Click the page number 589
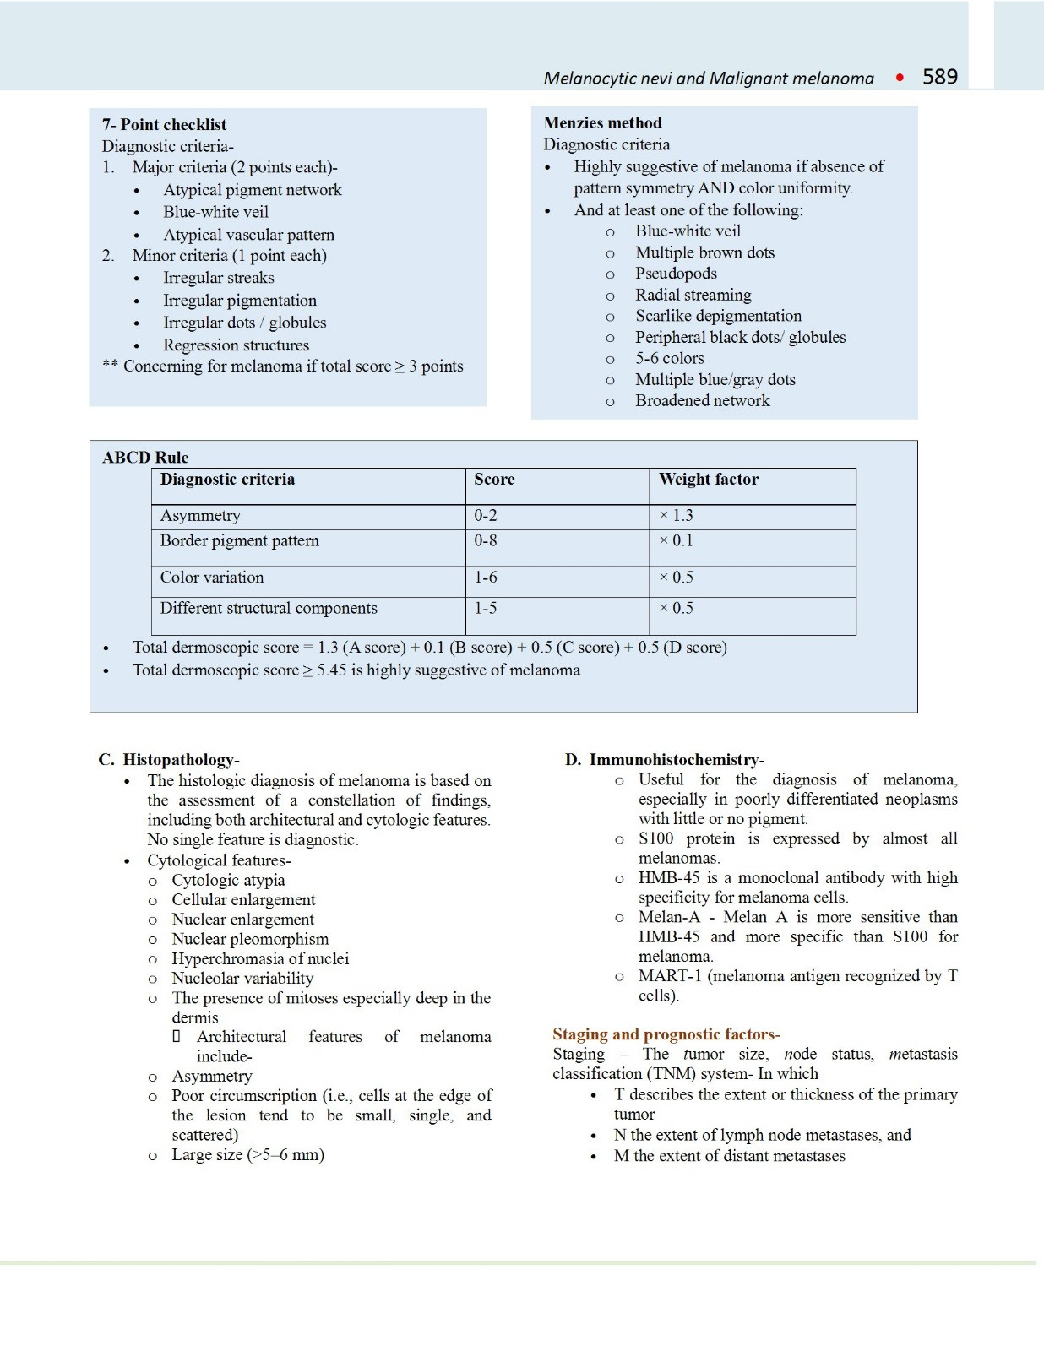click(x=939, y=77)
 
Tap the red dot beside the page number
click(x=900, y=78)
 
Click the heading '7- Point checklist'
click(x=164, y=124)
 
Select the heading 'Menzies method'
click(x=602, y=123)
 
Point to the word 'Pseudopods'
click(x=676, y=274)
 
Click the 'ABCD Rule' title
click(x=145, y=457)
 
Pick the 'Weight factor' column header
click(x=708, y=480)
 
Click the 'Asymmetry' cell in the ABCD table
click(x=200, y=516)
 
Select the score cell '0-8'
click(x=485, y=540)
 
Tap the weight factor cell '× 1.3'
click(x=676, y=516)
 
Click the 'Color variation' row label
click(x=212, y=578)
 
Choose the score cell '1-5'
click(x=485, y=608)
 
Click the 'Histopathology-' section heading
click(x=181, y=760)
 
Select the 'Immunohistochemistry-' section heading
click(x=677, y=760)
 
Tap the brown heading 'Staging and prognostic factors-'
click(x=666, y=1034)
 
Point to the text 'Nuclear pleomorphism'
click(x=250, y=939)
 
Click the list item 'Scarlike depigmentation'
click(x=718, y=316)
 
